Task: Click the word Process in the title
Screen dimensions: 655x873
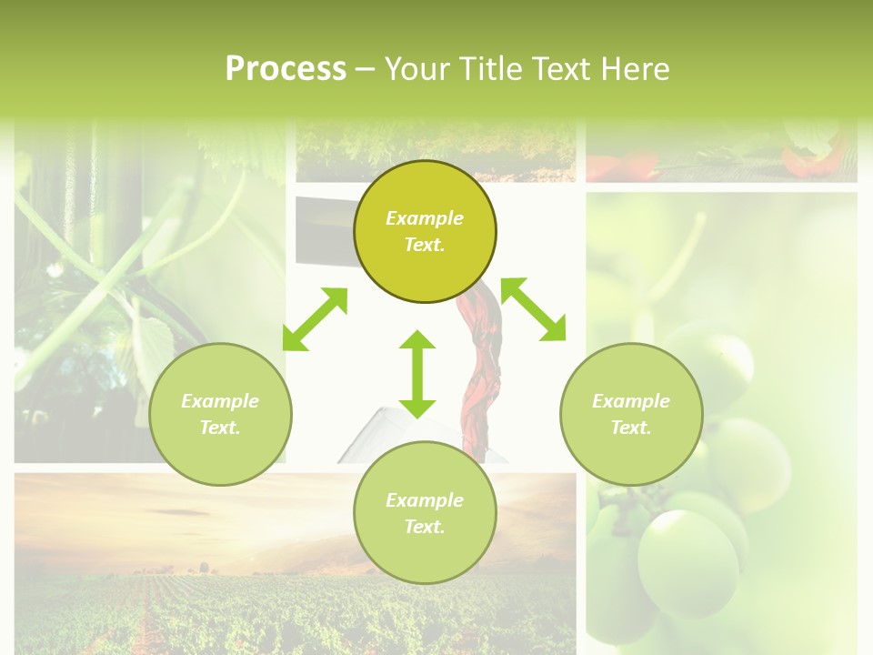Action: click(x=286, y=69)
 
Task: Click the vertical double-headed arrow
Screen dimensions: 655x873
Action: click(x=417, y=374)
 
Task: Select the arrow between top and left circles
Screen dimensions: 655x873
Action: click(x=315, y=319)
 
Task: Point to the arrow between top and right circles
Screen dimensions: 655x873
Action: click(x=533, y=309)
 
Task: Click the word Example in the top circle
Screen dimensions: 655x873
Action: click(x=425, y=218)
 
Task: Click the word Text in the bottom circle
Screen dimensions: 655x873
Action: click(x=425, y=527)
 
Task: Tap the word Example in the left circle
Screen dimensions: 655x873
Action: click(x=220, y=401)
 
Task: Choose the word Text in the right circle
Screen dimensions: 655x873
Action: click(x=631, y=428)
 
